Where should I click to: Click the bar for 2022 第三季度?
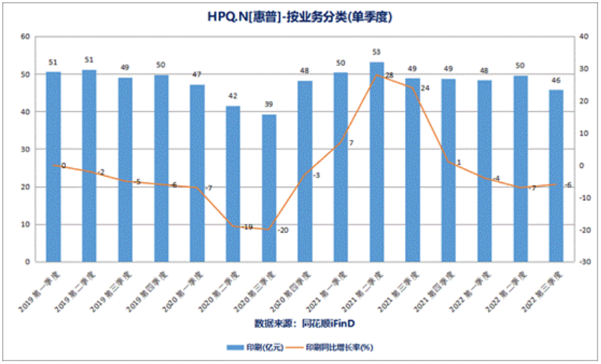click(556, 176)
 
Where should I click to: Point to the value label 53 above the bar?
click(377, 52)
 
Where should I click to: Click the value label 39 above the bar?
click(269, 105)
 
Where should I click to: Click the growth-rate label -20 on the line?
click(282, 230)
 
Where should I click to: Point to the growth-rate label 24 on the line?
click(424, 88)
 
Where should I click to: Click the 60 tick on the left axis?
click(25, 37)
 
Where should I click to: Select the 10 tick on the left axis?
click(25, 225)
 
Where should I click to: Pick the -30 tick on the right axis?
click(587, 262)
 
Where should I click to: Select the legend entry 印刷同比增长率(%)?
click(337, 347)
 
